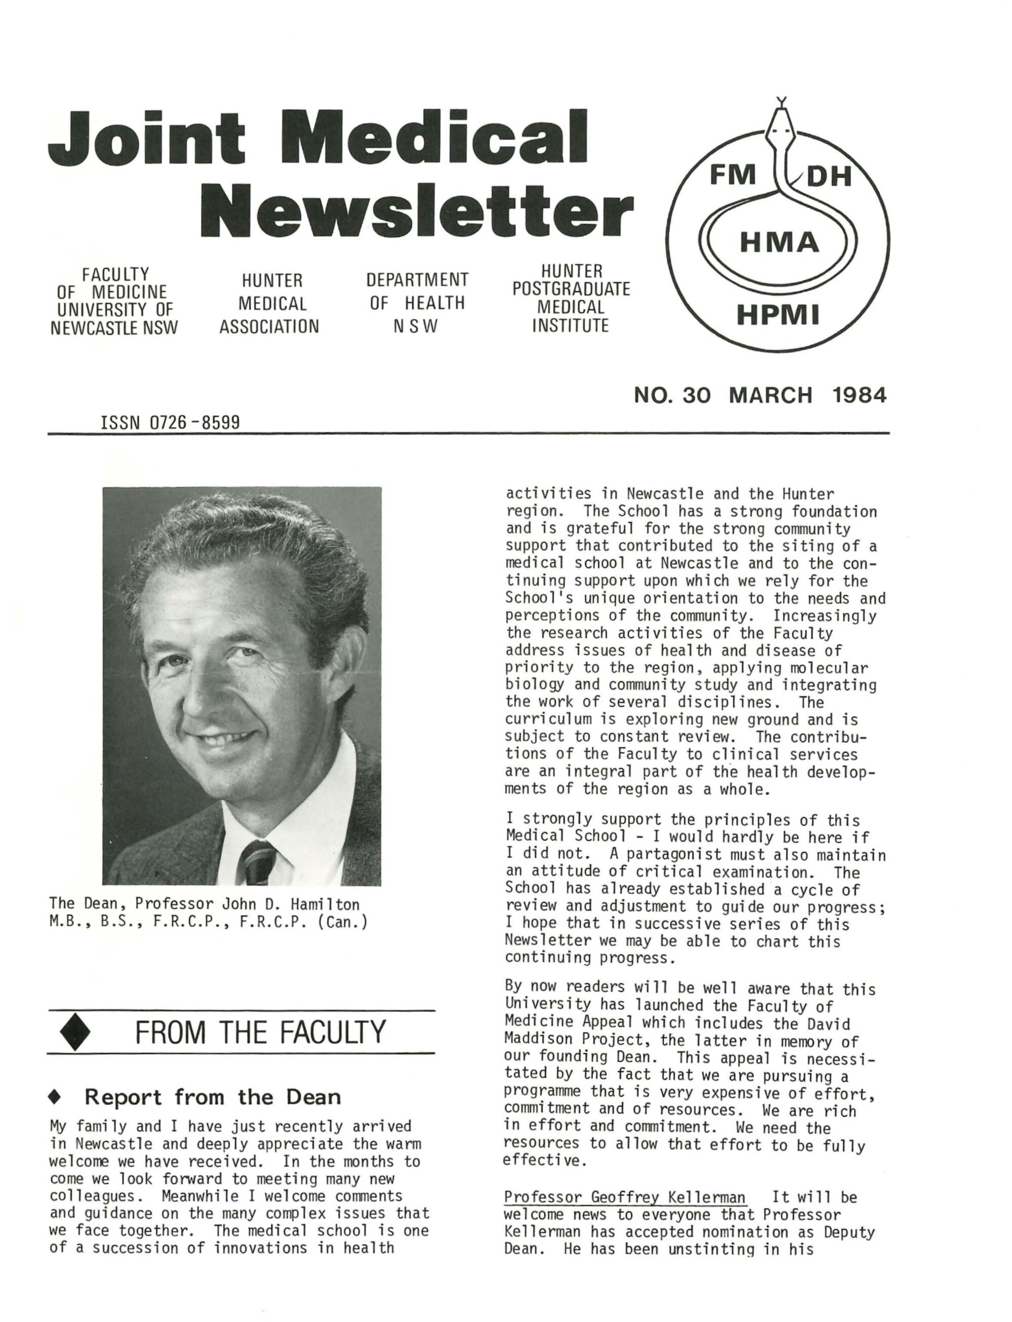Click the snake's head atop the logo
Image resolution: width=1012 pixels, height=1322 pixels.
tap(782, 124)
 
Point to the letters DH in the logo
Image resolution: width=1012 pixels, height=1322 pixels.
tap(829, 177)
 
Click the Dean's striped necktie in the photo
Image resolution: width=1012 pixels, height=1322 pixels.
tap(258, 862)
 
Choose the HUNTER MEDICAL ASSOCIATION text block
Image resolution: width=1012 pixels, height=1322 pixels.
tap(269, 304)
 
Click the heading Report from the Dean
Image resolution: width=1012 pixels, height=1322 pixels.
tap(212, 1097)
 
